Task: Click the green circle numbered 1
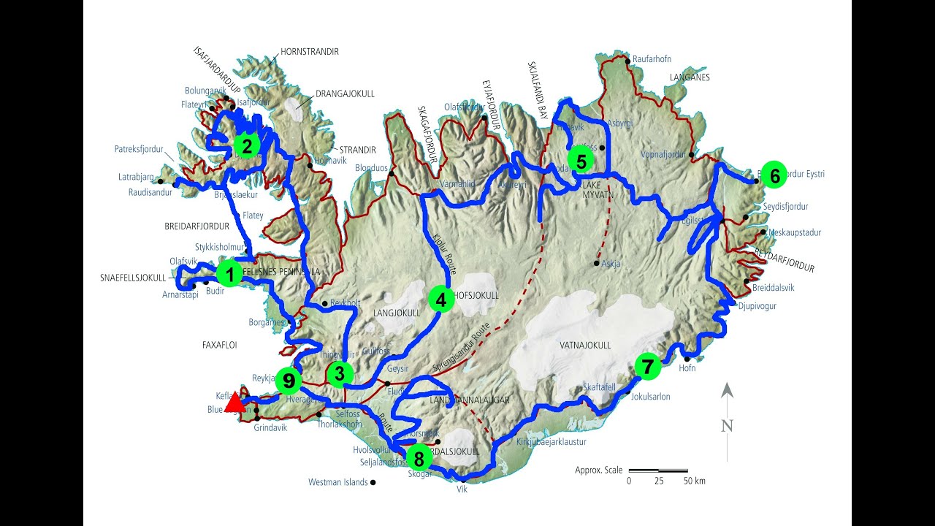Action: pos(229,275)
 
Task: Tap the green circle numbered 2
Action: pos(247,146)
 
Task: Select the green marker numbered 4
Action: pos(440,299)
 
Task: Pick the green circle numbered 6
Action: pos(774,175)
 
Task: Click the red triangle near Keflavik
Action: pos(234,403)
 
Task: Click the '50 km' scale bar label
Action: pos(695,481)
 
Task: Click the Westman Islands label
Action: pos(337,482)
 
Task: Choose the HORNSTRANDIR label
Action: pos(310,52)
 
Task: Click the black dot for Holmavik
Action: pos(310,166)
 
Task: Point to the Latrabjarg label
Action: pos(136,177)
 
